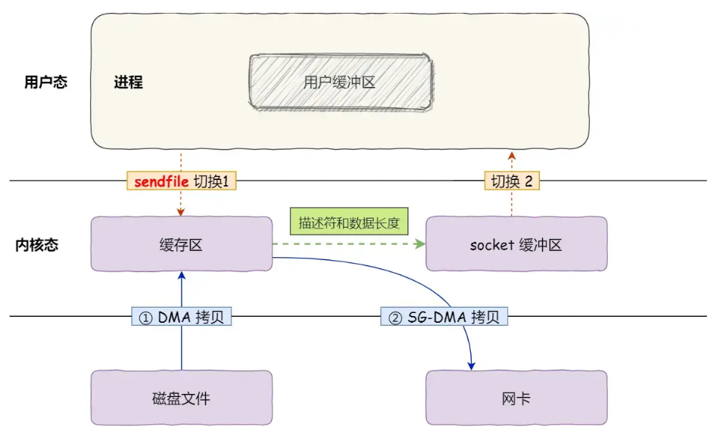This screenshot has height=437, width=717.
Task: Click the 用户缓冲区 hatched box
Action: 340,82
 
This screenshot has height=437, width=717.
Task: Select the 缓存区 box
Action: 181,244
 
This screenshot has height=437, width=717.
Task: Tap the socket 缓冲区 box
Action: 516,244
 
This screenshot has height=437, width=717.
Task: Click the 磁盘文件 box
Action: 181,398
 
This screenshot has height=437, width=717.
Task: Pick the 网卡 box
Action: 516,398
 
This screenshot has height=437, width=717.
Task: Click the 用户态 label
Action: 45,82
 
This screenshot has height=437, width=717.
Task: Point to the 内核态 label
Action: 37,244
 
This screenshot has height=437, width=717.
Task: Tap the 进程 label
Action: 128,82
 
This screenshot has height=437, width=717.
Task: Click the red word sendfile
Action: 160,181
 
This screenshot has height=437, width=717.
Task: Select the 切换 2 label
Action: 512,181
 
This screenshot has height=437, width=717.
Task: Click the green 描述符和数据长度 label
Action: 348,223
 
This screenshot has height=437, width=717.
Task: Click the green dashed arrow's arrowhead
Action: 418,244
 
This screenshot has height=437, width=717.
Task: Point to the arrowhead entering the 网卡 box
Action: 471,365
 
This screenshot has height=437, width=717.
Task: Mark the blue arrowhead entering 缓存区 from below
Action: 182,276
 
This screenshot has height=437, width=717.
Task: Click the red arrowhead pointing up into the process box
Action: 512,155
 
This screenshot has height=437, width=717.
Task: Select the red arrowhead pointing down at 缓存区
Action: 182,212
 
